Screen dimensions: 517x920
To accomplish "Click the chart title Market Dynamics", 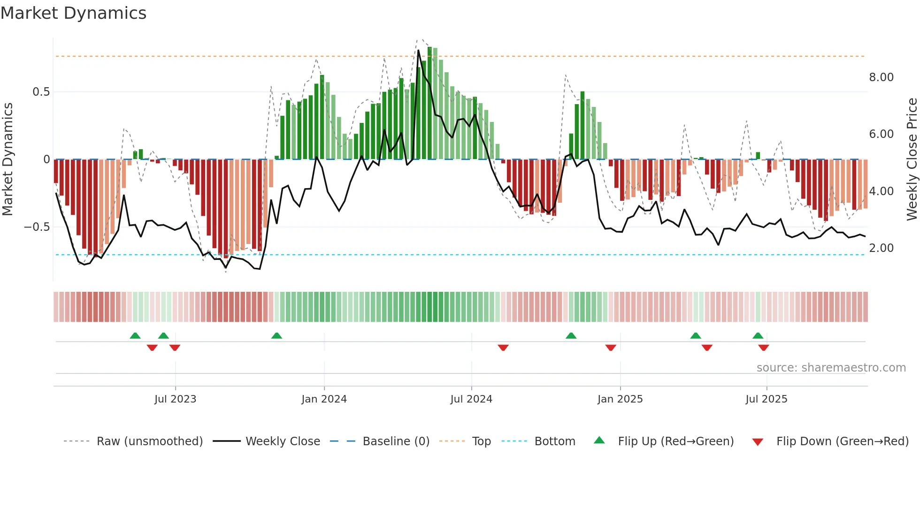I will click(73, 13).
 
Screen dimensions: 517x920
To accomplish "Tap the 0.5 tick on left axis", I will click(41, 92).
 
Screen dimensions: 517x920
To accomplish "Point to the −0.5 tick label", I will click(37, 227).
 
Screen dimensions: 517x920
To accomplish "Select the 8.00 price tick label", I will click(881, 77).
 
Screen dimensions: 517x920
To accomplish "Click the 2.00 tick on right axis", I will click(881, 248).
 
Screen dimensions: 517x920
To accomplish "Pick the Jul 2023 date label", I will click(175, 399).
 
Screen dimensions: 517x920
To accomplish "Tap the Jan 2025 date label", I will click(620, 399).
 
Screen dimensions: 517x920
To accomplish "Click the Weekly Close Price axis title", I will click(912, 159).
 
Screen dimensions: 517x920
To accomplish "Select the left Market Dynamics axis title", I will click(8, 159).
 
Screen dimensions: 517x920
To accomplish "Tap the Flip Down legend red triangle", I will click(757, 442).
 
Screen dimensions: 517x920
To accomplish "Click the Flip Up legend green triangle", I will click(599, 441).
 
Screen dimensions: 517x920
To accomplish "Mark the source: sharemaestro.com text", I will click(831, 368).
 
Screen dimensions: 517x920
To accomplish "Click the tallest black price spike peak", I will click(418, 51).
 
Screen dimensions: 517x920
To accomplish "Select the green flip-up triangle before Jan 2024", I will click(276, 335).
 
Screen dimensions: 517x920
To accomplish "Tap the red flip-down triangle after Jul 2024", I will click(503, 348).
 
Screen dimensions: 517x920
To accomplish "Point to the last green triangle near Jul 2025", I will click(758, 335).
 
